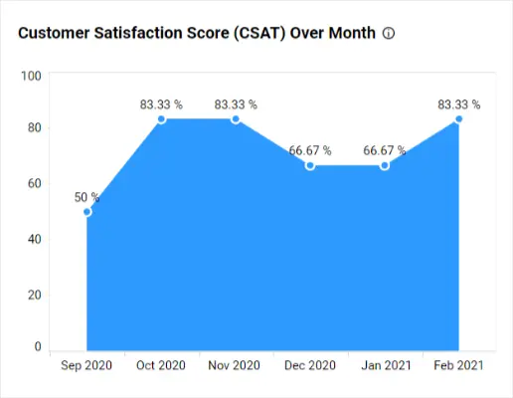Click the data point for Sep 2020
(87, 212)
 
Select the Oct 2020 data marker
(161, 119)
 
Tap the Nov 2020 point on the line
(236, 119)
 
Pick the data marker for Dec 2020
(310, 165)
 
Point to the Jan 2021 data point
(385, 165)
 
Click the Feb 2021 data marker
(459, 119)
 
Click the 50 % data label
(86, 197)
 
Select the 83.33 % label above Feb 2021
(459, 104)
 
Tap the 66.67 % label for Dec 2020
(310, 150)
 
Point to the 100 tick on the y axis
(31, 76)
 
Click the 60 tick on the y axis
(35, 183)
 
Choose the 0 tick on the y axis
(38, 346)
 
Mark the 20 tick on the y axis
(35, 295)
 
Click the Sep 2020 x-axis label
(86, 365)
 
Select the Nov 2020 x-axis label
(234, 365)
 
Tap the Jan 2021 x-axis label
(386, 365)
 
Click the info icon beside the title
(389, 33)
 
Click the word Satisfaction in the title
(138, 33)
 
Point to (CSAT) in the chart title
(259, 33)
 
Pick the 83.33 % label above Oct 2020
(161, 104)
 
